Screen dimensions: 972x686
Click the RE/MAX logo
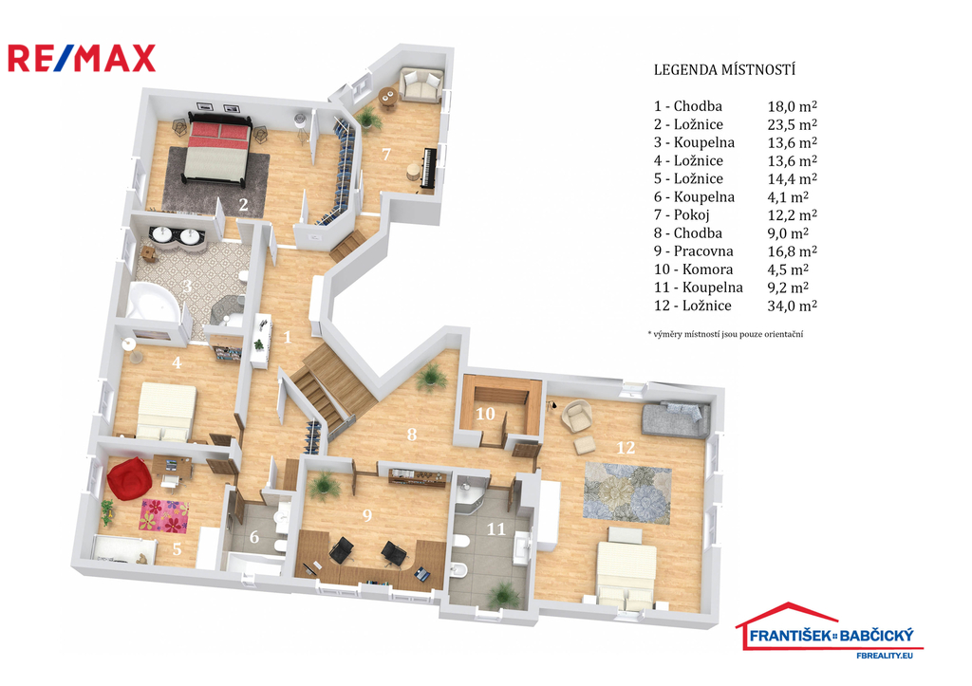pos(82,58)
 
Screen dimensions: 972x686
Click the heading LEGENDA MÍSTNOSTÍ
pos(724,70)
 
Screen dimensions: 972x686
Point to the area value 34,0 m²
pos(793,306)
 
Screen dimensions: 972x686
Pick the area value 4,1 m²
pos(788,197)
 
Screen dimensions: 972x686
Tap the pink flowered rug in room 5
pos(163,515)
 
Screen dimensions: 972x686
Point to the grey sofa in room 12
pos(675,419)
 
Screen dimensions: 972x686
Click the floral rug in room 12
pos(626,491)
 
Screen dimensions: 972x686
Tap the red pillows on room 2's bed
pos(220,130)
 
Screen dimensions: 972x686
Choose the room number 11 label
pos(495,528)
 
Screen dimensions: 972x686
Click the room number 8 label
pos(412,435)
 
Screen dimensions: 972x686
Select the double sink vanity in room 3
pos(177,238)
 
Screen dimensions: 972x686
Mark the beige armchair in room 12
pos(576,416)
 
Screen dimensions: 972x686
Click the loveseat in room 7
pos(421,84)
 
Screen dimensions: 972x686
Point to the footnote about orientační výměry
pos(725,334)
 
